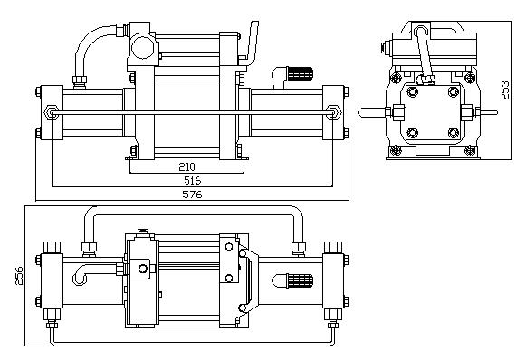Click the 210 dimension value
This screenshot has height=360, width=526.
(x=186, y=166)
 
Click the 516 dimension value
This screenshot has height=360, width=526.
(x=192, y=180)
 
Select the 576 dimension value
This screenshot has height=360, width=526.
(x=192, y=194)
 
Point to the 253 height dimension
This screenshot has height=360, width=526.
(x=505, y=90)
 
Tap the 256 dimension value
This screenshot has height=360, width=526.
(x=19, y=276)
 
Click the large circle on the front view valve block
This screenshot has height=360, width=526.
(x=142, y=47)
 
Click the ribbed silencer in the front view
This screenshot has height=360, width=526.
(x=301, y=74)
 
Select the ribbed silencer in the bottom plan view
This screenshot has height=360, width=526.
(x=301, y=281)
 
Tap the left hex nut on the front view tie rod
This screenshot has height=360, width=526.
(x=52, y=112)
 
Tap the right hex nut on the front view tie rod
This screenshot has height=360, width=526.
(x=333, y=112)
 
